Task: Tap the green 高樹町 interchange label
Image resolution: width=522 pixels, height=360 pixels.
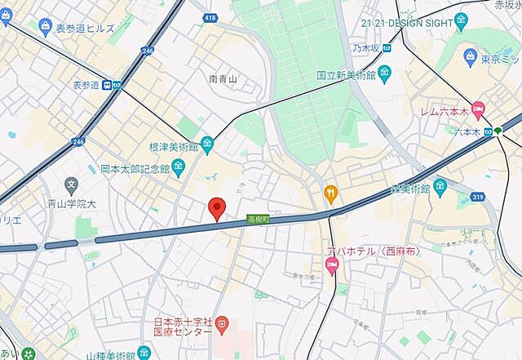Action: [x=258, y=219]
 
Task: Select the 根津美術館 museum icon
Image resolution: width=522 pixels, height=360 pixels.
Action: [x=207, y=146]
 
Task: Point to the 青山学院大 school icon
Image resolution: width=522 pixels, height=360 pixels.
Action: [x=72, y=184]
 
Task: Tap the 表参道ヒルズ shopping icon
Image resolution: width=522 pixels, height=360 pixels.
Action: [x=43, y=28]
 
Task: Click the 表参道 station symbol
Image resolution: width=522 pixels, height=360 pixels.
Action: [x=117, y=84]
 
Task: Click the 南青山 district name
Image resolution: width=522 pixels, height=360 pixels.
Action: [x=223, y=79]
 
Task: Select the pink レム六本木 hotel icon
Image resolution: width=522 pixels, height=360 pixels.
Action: [x=477, y=109]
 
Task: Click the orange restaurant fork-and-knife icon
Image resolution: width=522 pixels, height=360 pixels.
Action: [x=330, y=193]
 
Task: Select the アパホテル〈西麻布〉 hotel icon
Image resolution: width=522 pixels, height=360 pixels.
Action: [x=332, y=266]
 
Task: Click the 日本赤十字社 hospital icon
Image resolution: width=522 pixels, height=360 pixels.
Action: [x=222, y=326]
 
